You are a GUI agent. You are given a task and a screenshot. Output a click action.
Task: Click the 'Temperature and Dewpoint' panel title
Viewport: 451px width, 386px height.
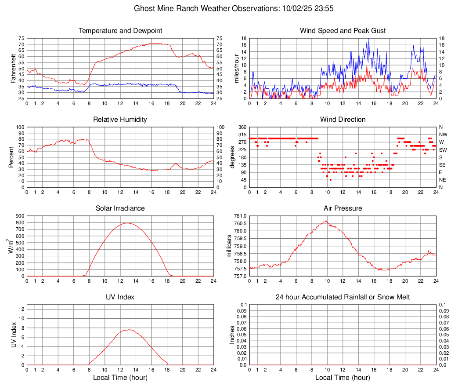pos(120,31)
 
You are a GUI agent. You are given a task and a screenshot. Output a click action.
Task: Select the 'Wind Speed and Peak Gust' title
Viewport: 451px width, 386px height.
pos(343,31)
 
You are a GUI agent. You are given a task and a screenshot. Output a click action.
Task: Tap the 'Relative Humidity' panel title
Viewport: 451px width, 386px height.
pos(120,120)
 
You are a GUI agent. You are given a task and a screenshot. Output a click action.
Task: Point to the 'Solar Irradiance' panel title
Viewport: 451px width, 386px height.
pos(120,208)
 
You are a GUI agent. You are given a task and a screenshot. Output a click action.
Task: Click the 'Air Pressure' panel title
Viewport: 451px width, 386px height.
pos(343,208)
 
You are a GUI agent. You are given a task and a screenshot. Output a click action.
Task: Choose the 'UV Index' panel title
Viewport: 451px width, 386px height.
pos(120,297)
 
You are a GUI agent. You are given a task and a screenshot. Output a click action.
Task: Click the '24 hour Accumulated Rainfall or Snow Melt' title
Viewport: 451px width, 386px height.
pos(343,297)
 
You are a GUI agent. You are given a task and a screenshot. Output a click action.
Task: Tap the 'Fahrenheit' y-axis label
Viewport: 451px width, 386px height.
pos(13,69)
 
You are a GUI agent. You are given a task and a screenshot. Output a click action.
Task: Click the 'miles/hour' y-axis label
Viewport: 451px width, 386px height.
pos(236,69)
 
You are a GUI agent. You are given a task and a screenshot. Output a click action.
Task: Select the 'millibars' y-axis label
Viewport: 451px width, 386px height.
pos(229,246)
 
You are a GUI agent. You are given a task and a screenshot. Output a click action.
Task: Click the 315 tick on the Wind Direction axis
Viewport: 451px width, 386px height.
pos(242,135)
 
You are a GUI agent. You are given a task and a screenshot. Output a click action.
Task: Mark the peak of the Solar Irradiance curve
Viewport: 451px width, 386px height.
pos(127,223)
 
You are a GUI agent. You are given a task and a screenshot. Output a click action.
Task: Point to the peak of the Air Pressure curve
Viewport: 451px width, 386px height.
pos(326,221)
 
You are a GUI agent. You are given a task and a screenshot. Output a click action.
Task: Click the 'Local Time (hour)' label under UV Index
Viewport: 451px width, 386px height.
pos(120,378)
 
